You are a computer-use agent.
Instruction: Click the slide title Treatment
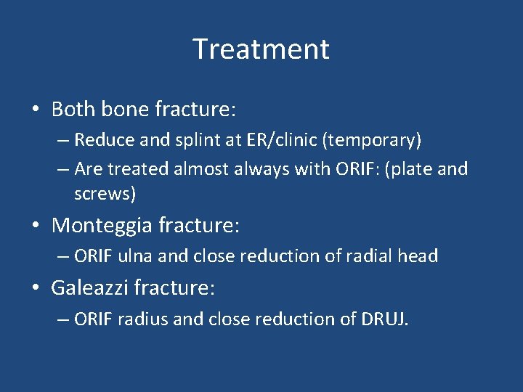(261, 49)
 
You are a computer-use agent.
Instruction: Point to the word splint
(186, 139)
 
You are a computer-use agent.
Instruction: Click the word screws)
(105, 195)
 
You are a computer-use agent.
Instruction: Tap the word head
(419, 256)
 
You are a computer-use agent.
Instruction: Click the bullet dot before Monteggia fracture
(36, 226)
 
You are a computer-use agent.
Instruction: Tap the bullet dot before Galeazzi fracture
(36, 289)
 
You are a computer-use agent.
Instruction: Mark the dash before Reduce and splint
(62, 140)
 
